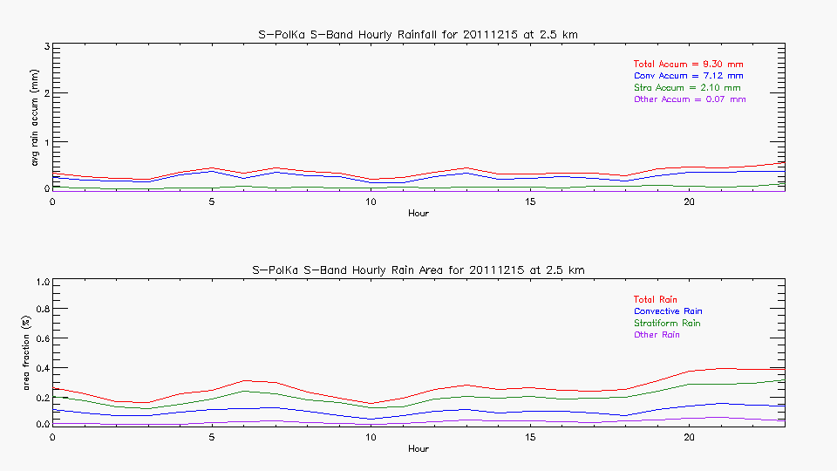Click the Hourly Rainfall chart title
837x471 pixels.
click(x=418, y=34)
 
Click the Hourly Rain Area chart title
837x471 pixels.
click(x=418, y=270)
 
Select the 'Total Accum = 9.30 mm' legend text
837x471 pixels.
click(x=688, y=65)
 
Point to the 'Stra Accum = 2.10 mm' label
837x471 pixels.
click(x=687, y=88)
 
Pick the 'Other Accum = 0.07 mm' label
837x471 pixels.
click(x=690, y=99)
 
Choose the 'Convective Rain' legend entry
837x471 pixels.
click(x=668, y=311)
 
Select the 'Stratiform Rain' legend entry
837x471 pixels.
click(x=667, y=324)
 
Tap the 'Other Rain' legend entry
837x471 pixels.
click(x=657, y=335)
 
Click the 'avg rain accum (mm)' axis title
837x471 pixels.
click(x=35, y=117)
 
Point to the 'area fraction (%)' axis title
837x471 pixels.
click(x=35, y=352)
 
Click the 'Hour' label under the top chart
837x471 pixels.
click(x=418, y=213)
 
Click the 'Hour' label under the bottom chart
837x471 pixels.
click(x=418, y=448)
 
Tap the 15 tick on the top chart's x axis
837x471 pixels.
click(x=530, y=201)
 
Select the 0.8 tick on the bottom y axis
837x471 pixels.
click(x=39, y=310)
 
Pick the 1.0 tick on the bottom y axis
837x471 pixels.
click(x=39, y=283)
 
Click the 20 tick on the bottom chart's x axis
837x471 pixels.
click(x=689, y=437)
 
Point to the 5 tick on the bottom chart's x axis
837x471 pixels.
click(x=212, y=437)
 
